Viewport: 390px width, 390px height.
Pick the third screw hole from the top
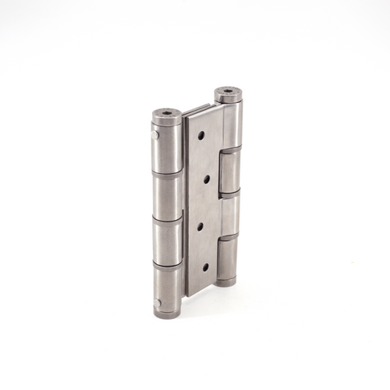pos(204,226)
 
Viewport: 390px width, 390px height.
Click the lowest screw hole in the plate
pos(206,267)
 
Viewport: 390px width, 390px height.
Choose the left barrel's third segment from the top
pos(168,243)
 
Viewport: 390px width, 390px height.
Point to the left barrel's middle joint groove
pos(167,220)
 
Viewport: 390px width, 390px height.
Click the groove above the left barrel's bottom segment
pos(168,267)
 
